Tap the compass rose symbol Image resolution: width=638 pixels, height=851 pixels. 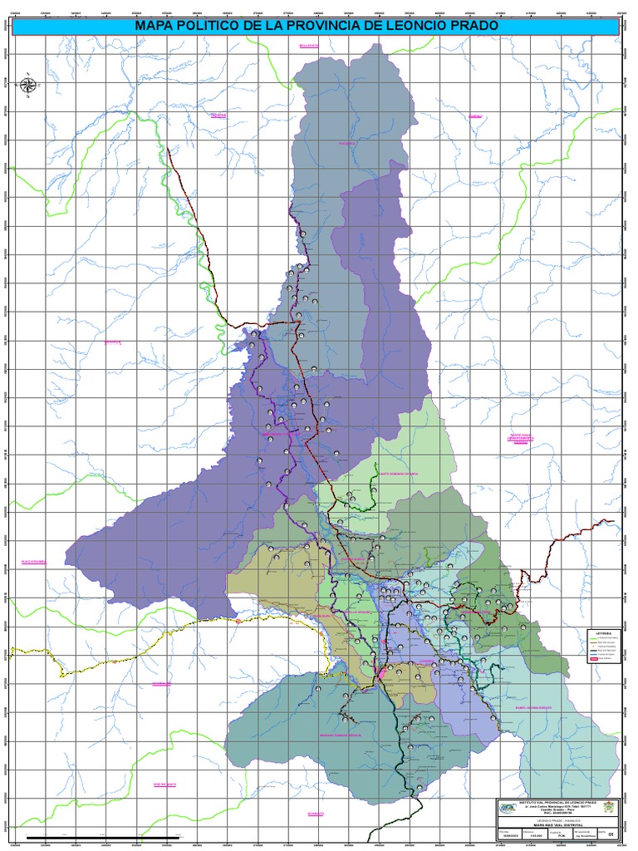click(x=28, y=84)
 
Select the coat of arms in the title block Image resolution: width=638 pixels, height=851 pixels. click(x=610, y=808)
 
